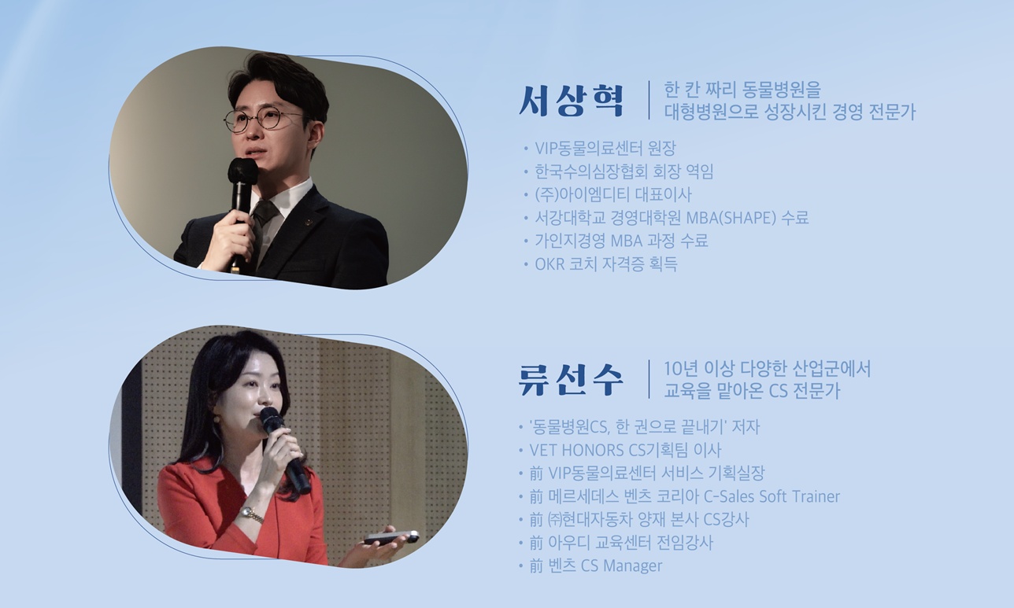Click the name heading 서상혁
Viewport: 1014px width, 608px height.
[572, 101]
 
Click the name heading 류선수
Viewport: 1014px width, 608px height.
[572, 379]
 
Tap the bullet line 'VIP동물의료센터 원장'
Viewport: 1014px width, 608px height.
[605, 148]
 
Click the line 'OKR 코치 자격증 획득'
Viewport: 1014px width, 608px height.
[605, 263]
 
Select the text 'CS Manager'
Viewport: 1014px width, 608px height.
[621, 566]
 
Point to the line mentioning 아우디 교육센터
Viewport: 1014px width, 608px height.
[621, 543]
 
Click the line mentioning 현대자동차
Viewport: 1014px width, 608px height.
[638, 519]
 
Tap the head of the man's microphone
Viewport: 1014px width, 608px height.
[242, 171]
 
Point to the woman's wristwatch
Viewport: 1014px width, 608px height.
[251, 515]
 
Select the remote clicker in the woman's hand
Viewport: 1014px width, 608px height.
[390, 537]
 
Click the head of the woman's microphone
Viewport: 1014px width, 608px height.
[271, 419]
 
